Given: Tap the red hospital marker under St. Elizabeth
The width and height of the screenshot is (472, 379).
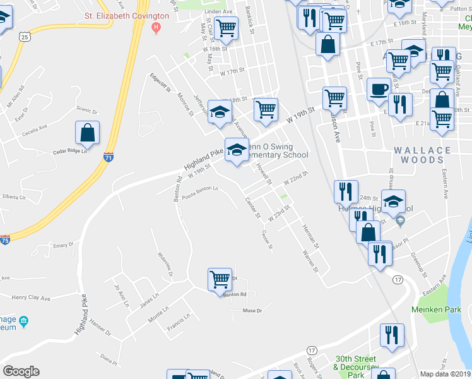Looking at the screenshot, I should click(156, 28).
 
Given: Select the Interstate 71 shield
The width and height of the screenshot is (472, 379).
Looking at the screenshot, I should click(109, 158).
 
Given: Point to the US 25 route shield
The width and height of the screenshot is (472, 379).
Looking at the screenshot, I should click(25, 37).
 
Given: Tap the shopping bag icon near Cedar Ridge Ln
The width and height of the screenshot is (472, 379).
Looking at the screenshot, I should click(88, 133).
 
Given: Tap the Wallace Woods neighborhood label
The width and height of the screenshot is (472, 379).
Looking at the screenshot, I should click(422, 155).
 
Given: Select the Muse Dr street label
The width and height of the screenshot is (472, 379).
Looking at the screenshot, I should click(252, 310).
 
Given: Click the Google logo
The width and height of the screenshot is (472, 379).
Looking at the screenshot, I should click(21, 371).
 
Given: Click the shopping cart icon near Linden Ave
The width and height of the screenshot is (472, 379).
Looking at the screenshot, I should click(225, 28).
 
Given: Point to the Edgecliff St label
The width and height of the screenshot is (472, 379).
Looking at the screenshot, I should click(160, 81).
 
